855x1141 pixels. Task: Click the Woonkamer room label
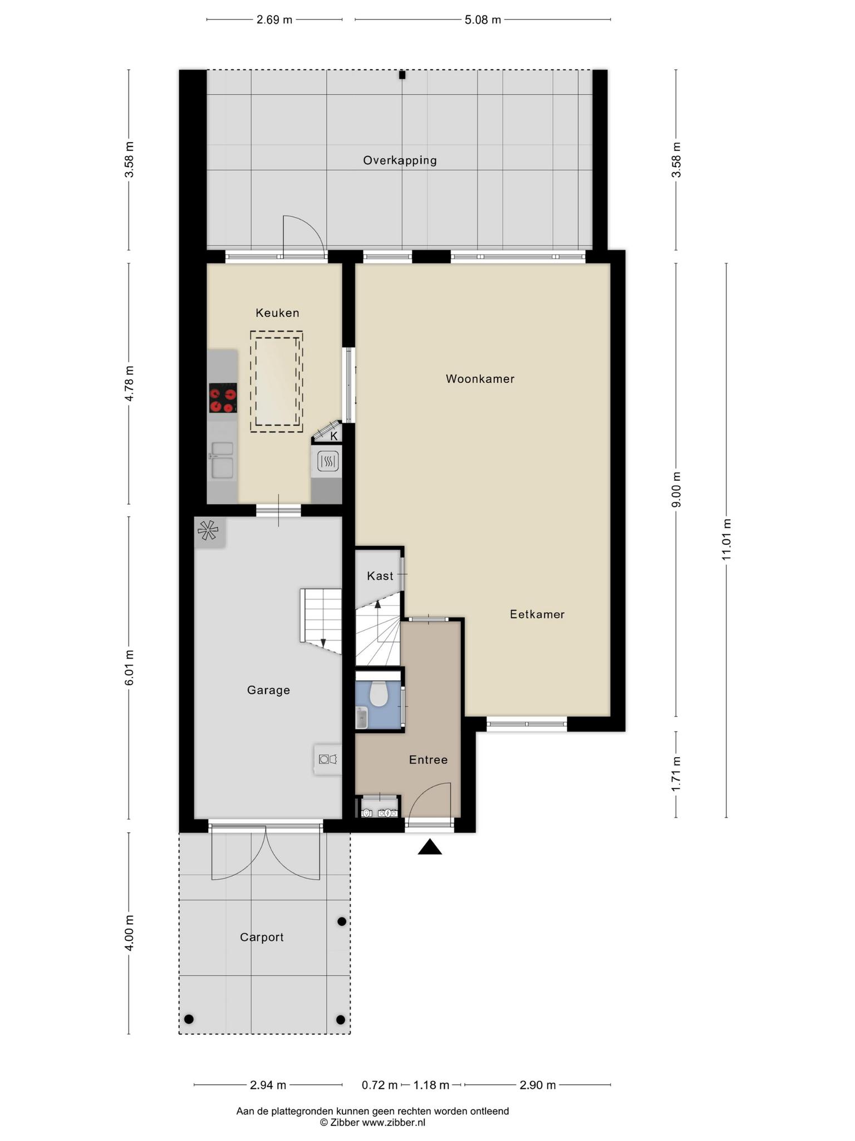(480, 379)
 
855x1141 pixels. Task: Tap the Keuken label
(277, 313)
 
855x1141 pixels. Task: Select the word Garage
(268, 690)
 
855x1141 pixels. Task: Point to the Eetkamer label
(537, 615)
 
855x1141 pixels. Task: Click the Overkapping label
(400, 160)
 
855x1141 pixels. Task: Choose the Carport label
(262, 937)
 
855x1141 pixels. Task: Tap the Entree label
(428, 760)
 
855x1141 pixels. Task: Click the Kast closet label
(380, 576)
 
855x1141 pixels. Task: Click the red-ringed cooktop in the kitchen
(223, 398)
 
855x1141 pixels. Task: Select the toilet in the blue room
(379, 693)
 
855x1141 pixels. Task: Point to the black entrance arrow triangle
(430, 847)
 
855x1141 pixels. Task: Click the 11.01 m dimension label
(726, 540)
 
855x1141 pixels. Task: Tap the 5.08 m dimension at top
(483, 20)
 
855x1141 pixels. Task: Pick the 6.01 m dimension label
(129, 667)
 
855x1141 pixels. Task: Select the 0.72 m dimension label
(380, 1085)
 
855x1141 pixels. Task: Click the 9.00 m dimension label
(676, 490)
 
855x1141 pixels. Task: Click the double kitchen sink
(222, 460)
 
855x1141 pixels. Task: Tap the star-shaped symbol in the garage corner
(208, 530)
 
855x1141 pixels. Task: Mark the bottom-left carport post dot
(189, 1019)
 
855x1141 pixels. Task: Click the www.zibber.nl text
(394, 1123)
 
